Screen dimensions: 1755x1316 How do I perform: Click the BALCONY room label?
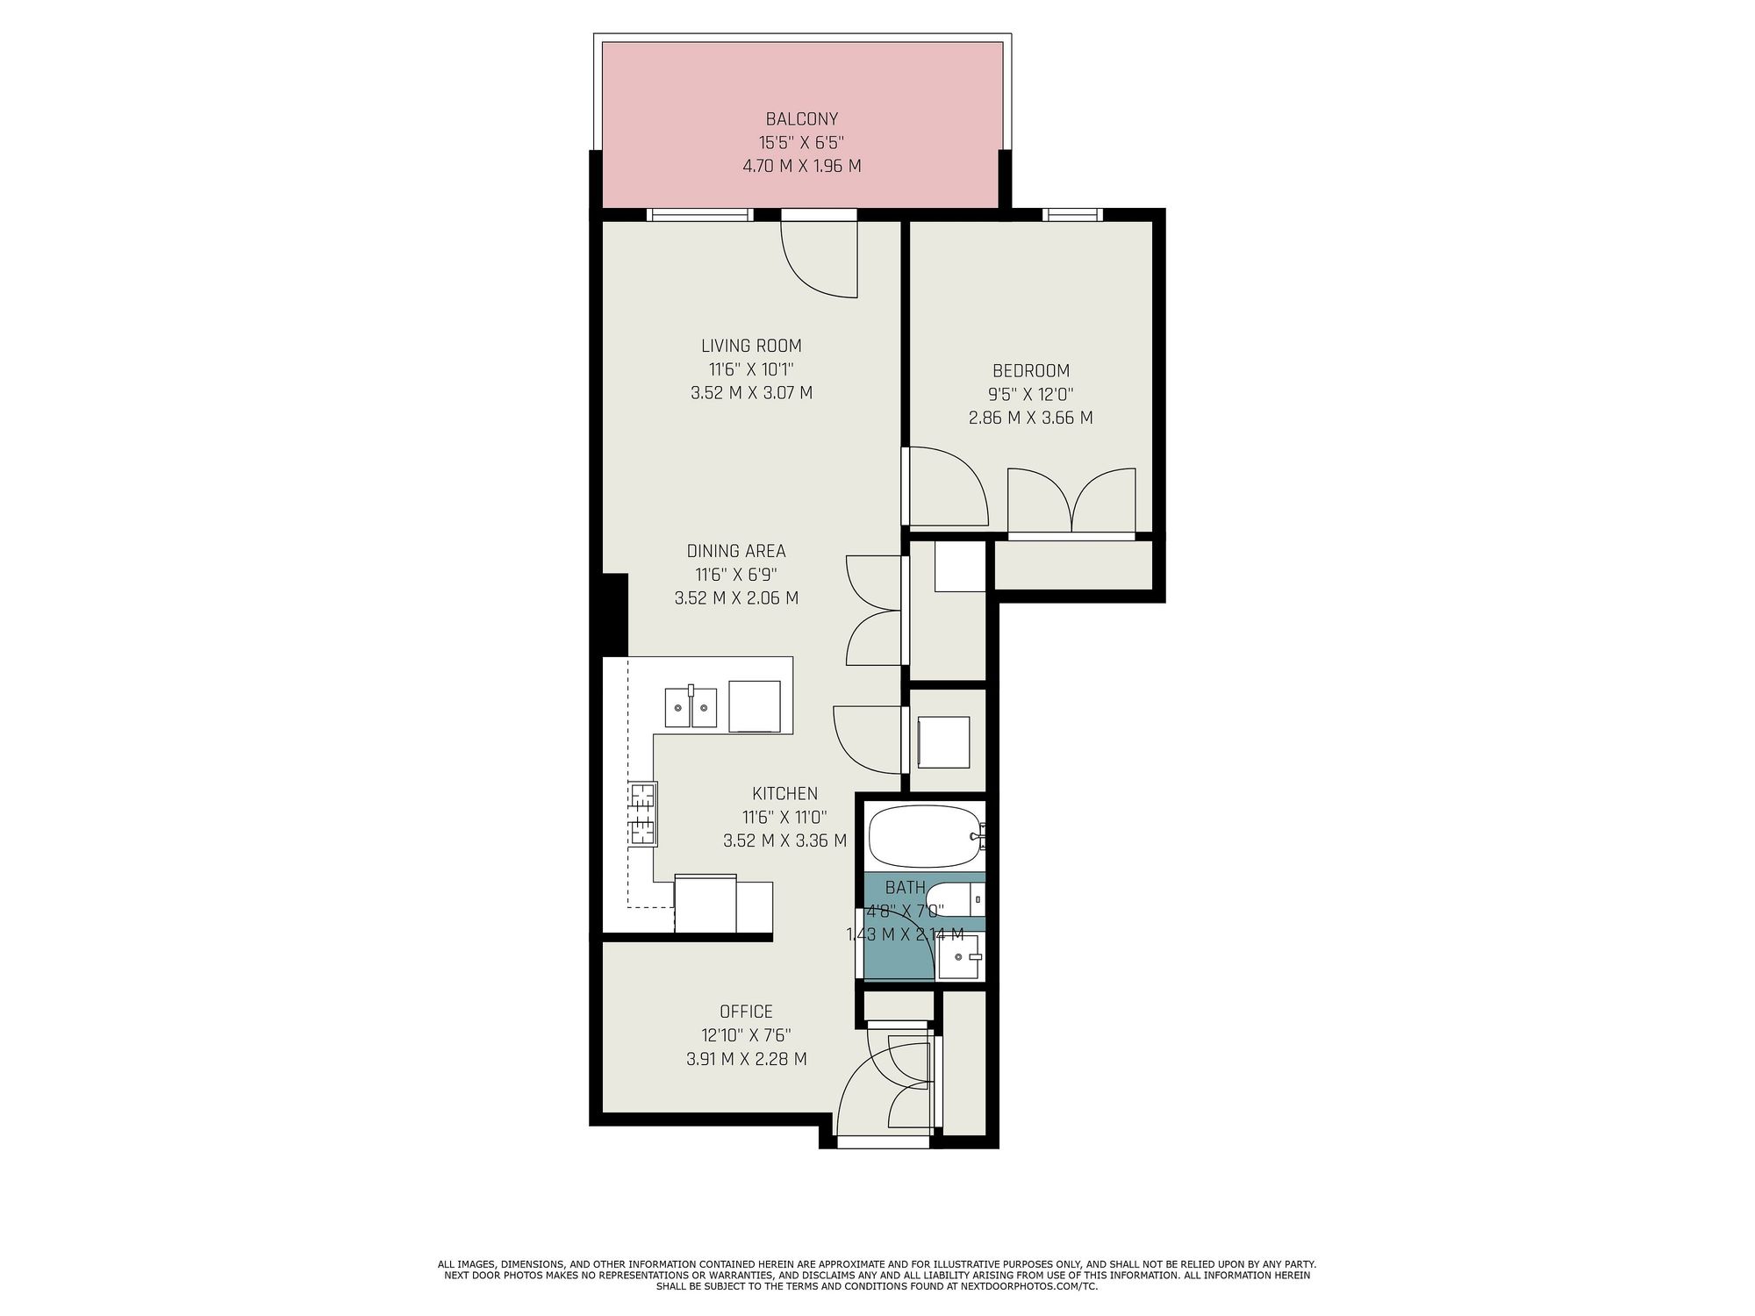tap(802, 118)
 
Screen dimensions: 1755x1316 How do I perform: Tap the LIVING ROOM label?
tap(751, 346)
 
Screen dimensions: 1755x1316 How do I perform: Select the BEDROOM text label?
tap(1031, 370)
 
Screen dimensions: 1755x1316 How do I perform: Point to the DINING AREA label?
tap(735, 551)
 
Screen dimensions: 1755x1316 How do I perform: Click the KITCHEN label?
tap(784, 793)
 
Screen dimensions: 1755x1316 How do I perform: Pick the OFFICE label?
tap(746, 1012)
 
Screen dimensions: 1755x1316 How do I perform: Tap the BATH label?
tap(905, 888)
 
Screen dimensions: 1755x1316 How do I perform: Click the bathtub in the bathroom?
tap(926, 837)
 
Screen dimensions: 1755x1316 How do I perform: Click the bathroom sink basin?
tap(961, 957)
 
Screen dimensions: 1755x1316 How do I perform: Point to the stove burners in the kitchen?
tap(643, 814)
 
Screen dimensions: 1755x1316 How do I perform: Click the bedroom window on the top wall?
tap(1071, 213)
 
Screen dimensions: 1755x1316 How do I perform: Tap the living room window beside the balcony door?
tap(700, 214)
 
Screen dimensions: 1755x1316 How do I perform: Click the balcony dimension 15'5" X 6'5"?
tap(802, 142)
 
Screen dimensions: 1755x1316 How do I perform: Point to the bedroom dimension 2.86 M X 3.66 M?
tap(1031, 418)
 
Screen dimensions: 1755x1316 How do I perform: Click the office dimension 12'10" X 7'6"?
tap(746, 1035)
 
